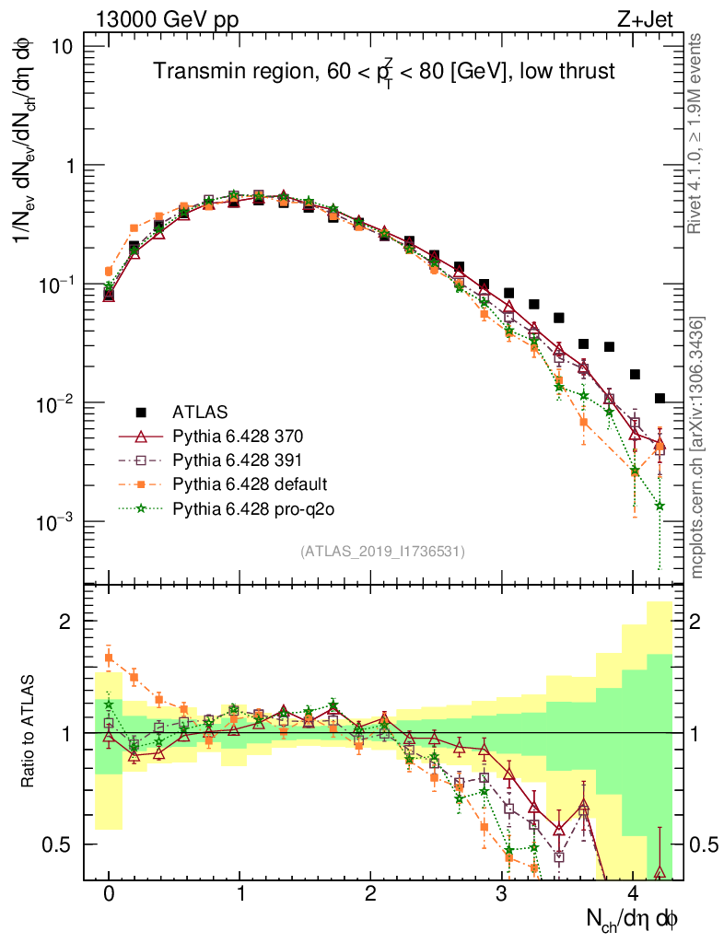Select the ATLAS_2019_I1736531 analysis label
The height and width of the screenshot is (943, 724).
(382, 552)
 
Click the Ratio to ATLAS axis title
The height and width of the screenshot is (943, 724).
(30, 732)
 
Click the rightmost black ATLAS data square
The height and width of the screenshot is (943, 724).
(660, 399)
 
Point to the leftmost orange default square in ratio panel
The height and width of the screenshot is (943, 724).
(109, 658)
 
